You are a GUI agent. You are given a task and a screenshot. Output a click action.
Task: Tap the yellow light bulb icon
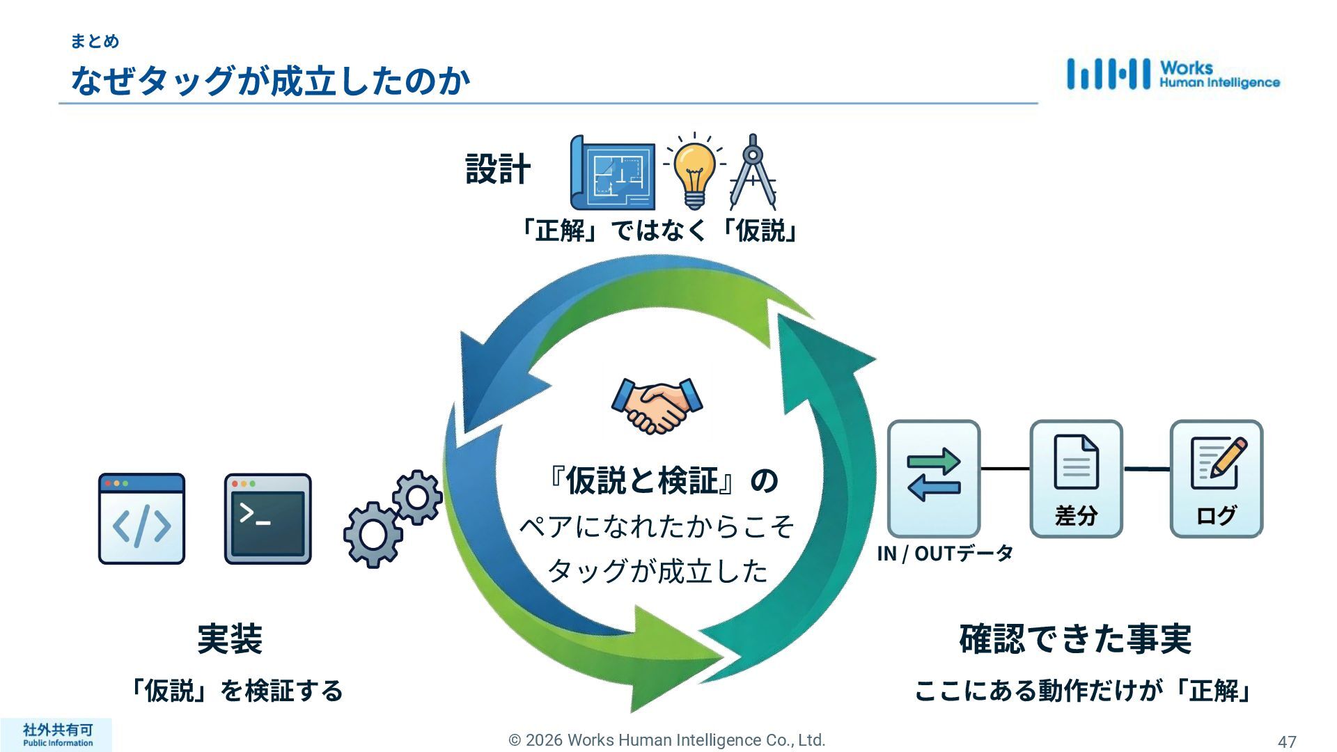point(694,171)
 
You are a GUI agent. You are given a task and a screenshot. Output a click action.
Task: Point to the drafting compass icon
point(752,172)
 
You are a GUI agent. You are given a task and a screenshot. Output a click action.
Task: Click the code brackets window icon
point(141,519)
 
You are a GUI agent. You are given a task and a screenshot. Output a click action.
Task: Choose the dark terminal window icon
point(268,519)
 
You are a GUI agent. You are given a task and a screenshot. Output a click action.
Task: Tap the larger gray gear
point(373,534)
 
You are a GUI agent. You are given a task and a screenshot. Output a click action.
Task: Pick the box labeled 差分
point(1076,478)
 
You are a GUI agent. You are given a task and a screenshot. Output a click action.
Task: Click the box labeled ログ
point(1216,478)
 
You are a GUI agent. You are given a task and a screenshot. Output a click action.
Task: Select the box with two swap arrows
point(934,478)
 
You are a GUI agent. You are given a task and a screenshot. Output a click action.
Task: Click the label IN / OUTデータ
point(945,554)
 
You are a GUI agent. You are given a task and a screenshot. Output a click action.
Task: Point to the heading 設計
point(498,169)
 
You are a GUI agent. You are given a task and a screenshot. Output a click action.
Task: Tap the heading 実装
point(230,639)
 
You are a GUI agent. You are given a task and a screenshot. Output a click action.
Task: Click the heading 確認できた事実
point(1075,639)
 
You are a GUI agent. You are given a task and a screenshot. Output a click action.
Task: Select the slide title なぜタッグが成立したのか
point(271,81)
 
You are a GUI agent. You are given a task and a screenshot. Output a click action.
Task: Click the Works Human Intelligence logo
point(1173,75)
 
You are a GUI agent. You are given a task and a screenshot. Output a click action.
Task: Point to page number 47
point(1287,742)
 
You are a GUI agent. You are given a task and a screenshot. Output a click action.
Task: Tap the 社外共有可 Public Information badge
point(57,735)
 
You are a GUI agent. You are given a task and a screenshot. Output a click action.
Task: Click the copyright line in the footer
point(667,740)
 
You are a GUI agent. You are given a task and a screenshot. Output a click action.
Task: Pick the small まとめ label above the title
point(95,42)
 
